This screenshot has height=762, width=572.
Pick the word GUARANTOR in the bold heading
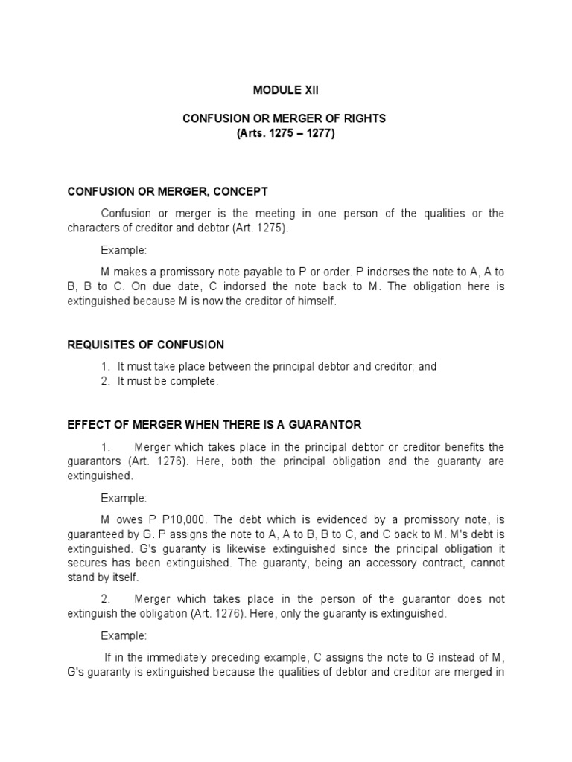pyautogui.click(x=327, y=425)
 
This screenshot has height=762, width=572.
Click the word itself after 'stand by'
pyautogui.click(x=123, y=577)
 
